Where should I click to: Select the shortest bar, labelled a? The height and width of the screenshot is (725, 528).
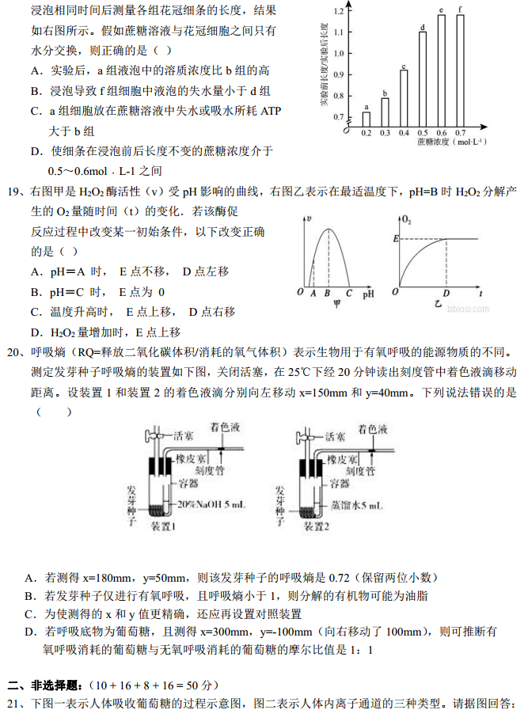(367, 118)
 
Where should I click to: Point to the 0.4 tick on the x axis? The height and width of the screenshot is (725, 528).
(404, 133)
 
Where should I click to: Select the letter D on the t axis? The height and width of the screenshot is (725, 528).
(446, 293)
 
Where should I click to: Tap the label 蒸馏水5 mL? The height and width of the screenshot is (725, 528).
(357, 504)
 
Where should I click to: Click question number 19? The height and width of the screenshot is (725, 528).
(13, 192)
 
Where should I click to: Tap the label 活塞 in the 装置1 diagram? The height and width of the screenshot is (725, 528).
(182, 435)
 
